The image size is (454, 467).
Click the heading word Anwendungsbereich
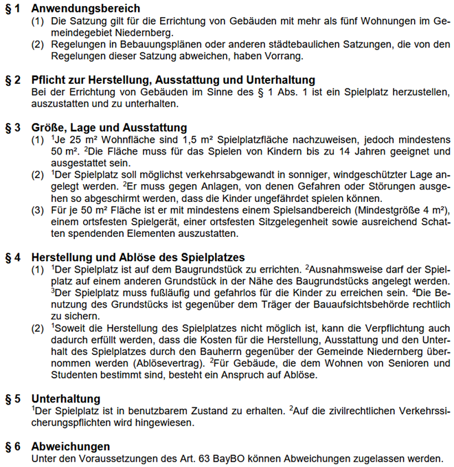pyautogui.click(x=85, y=8)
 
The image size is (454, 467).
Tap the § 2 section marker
pyautogui.click(x=13, y=80)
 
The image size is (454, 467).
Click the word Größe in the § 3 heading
pyautogui.click(x=49, y=128)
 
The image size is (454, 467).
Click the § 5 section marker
pyautogui.click(x=13, y=399)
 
